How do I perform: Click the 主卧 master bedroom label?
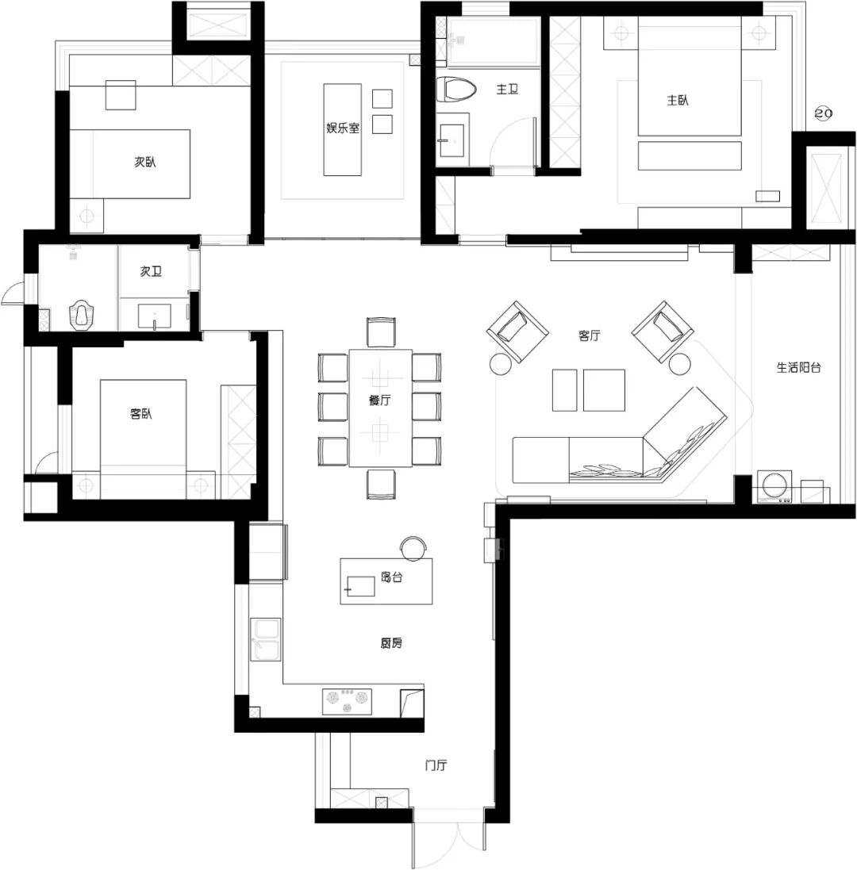pyautogui.click(x=677, y=101)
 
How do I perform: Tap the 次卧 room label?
pyautogui.click(x=145, y=162)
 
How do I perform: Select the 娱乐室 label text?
pyautogui.click(x=343, y=128)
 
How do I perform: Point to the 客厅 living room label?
pyautogui.click(x=589, y=335)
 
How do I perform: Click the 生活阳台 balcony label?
pyautogui.click(x=798, y=367)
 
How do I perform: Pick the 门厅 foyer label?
pyautogui.click(x=436, y=765)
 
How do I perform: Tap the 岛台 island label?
pyautogui.click(x=391, y=577)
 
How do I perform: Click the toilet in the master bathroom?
pyautogui.click(x=456, y=90)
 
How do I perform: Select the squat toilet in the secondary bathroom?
pyautogui.click(x=81, y=315)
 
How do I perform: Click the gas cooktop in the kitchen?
pyautogui.click(x=348, y=701)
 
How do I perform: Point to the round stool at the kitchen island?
pyautogui.click(x=413, y=547)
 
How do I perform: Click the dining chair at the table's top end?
pyautogui.click(x=382, y=332)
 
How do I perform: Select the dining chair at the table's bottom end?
pyautogui.click(x=382, y=483)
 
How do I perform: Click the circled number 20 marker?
pyautogui.click(x=823, y=113)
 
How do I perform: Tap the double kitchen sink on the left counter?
pyautogui.click(x=266, y=639)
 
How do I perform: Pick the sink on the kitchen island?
pyautogui.click(x=360, y=586)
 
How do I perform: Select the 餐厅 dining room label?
pyautogui.click(x=379, y=400)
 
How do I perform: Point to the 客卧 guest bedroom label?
pyautogui.click(x=141, y=413)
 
